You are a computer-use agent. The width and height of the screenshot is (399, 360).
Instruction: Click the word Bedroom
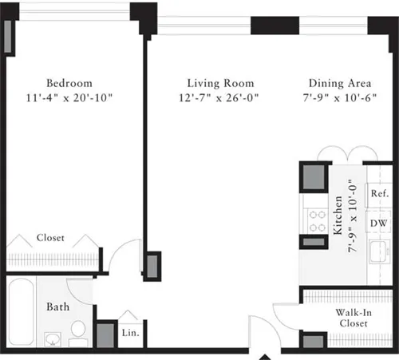pyautogui.click(x=69, y=83)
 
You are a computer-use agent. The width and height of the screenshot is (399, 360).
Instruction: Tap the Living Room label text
pyautogui.click(x=220, y=83)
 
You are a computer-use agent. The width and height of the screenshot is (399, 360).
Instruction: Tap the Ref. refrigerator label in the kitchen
pyautogui.click(x=378, y=194)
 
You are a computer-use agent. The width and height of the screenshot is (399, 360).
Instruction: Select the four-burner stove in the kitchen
pyautogui.click(x=311, y=220)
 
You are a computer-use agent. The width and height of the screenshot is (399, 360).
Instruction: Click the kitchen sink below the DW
pyautogui.click(x=378, y=254)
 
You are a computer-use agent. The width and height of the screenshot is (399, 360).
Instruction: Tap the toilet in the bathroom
pyautogui.click(x=78, y=330)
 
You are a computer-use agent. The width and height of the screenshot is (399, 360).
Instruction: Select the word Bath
pyautogui.click(x=58, y=307)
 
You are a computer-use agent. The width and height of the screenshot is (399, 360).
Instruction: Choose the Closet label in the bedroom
pyautogui.click(x=50, y=238)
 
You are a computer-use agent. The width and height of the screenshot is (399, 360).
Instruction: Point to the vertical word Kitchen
pyautogui.click(x=338, y=214)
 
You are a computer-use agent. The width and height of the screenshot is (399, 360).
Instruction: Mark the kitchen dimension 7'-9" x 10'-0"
pyautogui.click(x=352, y=214)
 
